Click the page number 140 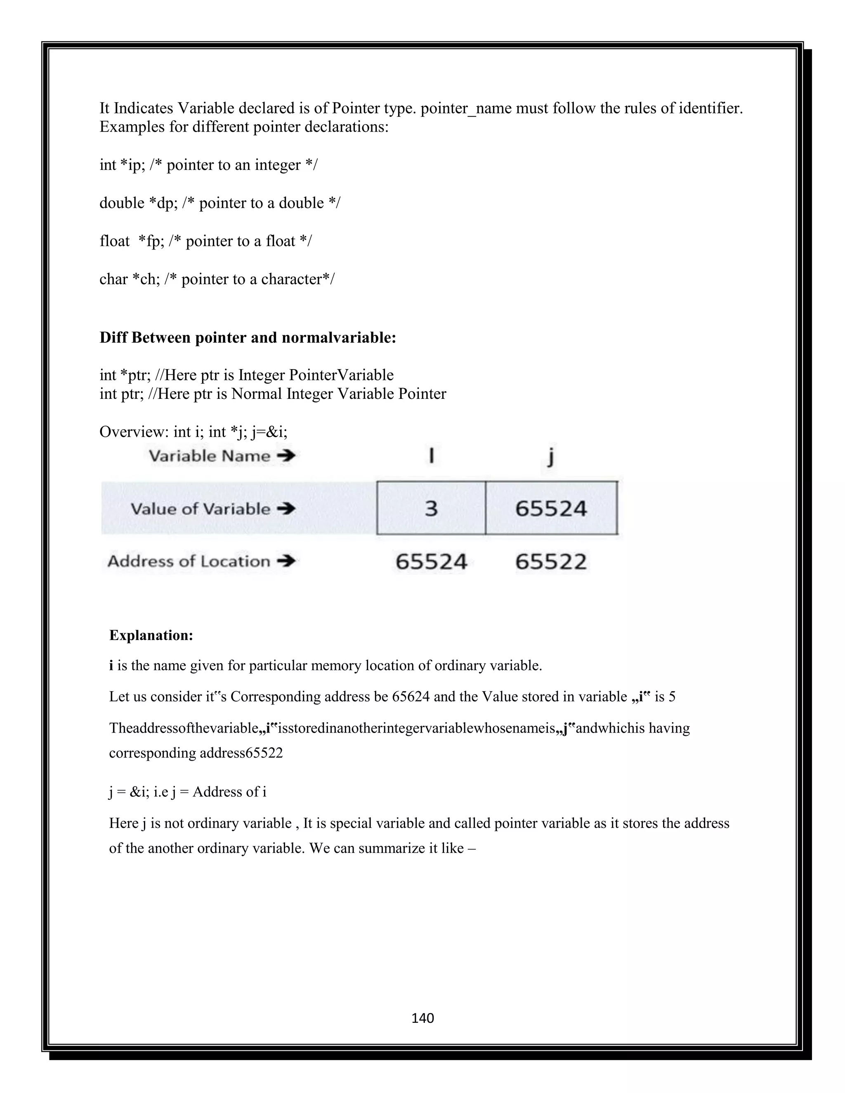point(422,1018)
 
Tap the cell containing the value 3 point(431,509)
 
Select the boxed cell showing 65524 point(551,509)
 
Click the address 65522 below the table point(551,561)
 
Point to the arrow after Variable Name point(286,456)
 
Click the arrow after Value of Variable point(286,509)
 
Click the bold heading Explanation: point(151,635)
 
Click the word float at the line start point(114,241)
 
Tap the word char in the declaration point(113,279)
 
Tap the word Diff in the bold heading point(113,338)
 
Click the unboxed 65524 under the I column point(431,561)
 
